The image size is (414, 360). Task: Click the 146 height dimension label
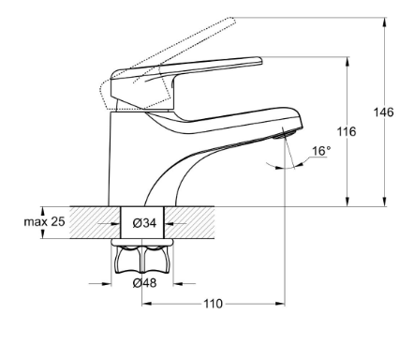(383, 112)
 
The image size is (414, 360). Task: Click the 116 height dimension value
(347, 131)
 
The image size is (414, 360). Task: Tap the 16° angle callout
(321, 151)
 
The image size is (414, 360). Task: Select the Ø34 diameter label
(144, 223)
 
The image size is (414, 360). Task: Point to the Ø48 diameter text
(144, 283)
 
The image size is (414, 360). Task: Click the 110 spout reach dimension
(214, 304)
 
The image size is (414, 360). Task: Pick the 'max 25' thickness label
(45, 221)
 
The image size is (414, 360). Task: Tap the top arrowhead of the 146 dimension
(385, 22)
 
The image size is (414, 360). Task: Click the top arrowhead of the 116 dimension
(347, 62)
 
